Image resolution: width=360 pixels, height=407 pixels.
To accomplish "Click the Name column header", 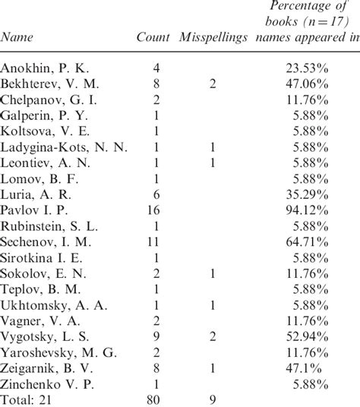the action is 17,37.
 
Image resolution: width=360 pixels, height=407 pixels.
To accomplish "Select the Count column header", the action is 153,37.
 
